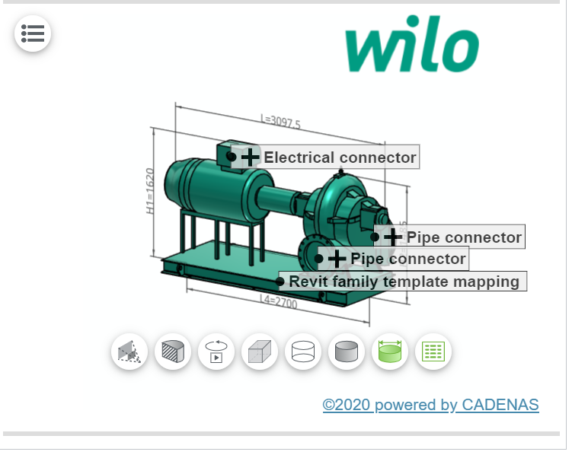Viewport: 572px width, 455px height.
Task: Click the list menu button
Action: coord(33,33)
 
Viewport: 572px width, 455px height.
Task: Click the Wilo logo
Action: coord(411,48)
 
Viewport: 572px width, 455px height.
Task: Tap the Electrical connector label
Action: coord(340,157)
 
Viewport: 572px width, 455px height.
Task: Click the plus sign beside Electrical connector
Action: coord(250,157)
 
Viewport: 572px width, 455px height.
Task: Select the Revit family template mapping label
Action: coord(404,282)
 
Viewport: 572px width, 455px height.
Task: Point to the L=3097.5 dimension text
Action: coord(280,123)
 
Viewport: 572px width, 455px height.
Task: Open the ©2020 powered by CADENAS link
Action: coord(430,405)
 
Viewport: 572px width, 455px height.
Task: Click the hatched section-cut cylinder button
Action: coord(173,352)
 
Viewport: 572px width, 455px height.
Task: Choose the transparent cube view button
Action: coord(260,352)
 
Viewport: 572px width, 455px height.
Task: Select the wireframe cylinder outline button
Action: coord(303,352)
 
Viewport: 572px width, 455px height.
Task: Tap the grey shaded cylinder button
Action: coord(347,352)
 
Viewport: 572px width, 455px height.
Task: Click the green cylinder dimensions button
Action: coord(390,352)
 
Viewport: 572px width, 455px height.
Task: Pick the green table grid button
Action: coord(433,352)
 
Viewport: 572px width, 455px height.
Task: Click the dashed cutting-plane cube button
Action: coord(129,352)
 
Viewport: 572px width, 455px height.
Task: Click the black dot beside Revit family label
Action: coord(280,282)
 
